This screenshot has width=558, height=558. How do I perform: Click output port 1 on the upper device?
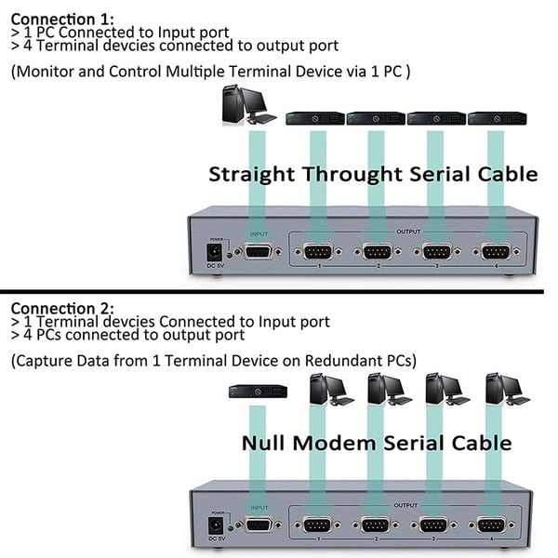click(x=318, y=251)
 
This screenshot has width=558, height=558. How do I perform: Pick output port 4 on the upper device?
click(x=496, y=251)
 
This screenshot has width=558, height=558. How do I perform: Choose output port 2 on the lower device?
click(x=377, y=525)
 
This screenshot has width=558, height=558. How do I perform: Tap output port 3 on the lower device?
click(x=435, y=525)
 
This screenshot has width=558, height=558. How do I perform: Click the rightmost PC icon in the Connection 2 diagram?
click(x=505, y=388)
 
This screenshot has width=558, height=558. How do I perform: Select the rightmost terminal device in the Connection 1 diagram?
click(x=496, y=118)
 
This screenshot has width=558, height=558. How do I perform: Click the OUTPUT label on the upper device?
click(x=408, y=232)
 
